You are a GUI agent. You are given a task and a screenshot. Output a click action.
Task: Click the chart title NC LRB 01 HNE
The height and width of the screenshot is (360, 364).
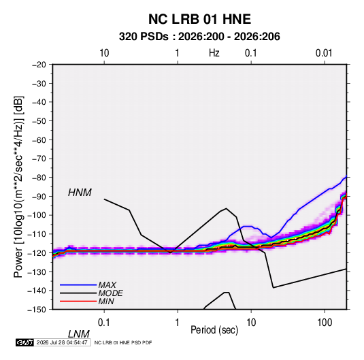coord(199,19)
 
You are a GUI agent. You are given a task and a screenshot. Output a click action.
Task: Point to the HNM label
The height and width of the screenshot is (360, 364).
coord(80,193)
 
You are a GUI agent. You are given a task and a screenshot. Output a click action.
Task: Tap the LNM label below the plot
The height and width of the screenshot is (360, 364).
coord(78,334)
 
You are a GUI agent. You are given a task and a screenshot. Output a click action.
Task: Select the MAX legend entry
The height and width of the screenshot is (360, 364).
coord(107,284)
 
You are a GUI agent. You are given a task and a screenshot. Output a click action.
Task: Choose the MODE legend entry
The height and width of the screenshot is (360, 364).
coord(110,293)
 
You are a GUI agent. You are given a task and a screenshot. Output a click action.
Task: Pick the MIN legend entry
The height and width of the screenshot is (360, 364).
coord(106,301)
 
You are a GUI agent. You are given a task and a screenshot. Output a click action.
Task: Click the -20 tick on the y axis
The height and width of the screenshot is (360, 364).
coord(39,65)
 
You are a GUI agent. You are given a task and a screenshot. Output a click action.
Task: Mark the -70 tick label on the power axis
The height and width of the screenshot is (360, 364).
coord(39,159)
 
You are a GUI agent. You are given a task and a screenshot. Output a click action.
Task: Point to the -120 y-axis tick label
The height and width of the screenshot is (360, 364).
coord(37,252)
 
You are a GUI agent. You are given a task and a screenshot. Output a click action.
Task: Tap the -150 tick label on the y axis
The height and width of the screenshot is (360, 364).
coord(37,310)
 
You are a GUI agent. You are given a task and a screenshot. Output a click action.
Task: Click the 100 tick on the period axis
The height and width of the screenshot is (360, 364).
coord(325,323)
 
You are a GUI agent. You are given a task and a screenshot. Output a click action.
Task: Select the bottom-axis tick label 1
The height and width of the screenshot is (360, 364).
coord(177,323)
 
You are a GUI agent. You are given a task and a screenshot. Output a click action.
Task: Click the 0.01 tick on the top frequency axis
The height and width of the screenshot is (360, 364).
coord(324,53)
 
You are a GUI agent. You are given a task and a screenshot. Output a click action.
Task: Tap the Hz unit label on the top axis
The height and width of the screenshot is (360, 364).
coord(214,53)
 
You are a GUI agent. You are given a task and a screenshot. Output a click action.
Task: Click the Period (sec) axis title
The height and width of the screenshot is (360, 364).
coord(214,330)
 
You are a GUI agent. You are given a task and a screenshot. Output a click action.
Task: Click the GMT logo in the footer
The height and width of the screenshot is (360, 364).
coord(24,342)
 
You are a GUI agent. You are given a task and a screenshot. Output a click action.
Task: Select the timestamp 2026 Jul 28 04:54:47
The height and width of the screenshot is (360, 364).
coord(62,342)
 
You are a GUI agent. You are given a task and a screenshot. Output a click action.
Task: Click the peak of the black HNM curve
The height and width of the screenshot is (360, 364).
coord(226,208)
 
